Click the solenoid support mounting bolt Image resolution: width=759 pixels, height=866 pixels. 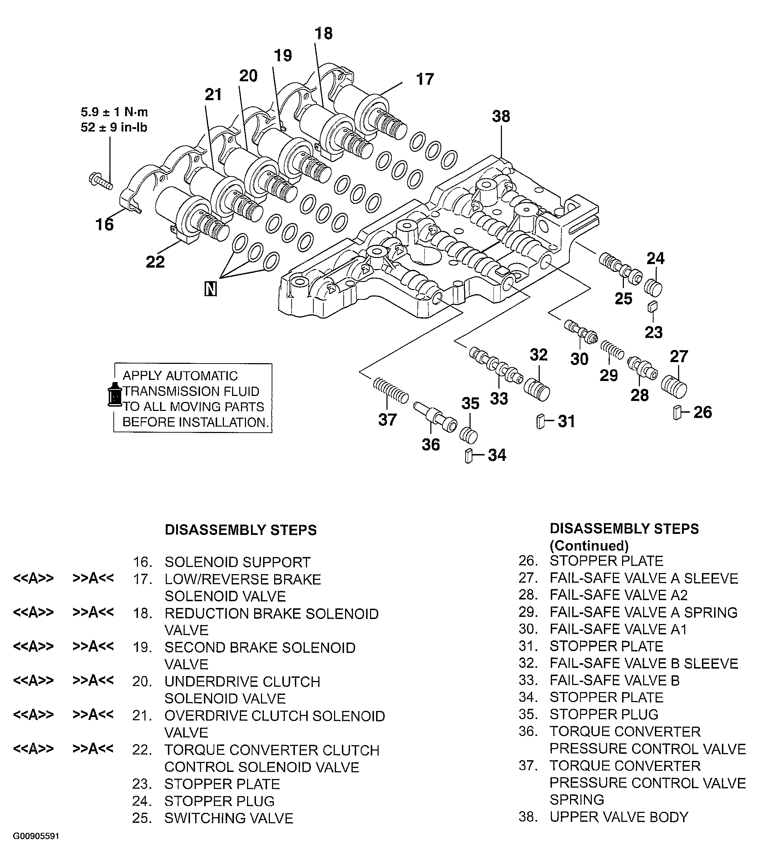[101, 181]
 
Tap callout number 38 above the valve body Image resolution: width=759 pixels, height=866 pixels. [501, 116]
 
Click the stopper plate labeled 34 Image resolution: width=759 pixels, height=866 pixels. [468, 456]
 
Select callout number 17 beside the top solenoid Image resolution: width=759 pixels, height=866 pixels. [425, 79]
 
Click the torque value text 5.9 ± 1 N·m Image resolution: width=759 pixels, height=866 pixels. [114, 112]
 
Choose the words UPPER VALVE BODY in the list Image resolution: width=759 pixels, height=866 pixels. [619, 816]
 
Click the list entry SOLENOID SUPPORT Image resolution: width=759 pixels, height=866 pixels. [237, 562]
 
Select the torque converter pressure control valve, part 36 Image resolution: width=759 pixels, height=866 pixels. [435, 417]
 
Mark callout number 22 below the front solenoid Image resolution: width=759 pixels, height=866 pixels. [155, 262]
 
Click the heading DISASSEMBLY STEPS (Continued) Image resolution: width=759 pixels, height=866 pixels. [624, 537]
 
